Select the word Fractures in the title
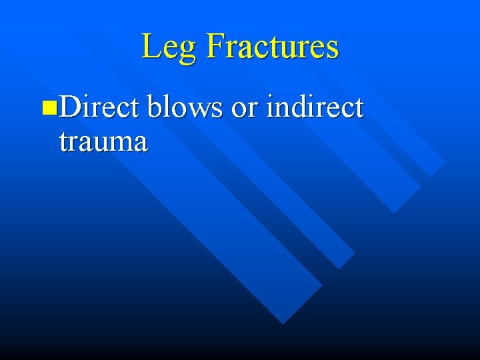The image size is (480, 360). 273,46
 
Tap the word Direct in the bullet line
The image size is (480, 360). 99,107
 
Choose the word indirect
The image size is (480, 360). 314,107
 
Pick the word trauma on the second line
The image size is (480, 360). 103,141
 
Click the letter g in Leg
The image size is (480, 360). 188,51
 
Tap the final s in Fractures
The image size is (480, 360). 332,49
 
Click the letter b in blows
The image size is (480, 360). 155,107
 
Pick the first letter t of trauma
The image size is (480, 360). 63,142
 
